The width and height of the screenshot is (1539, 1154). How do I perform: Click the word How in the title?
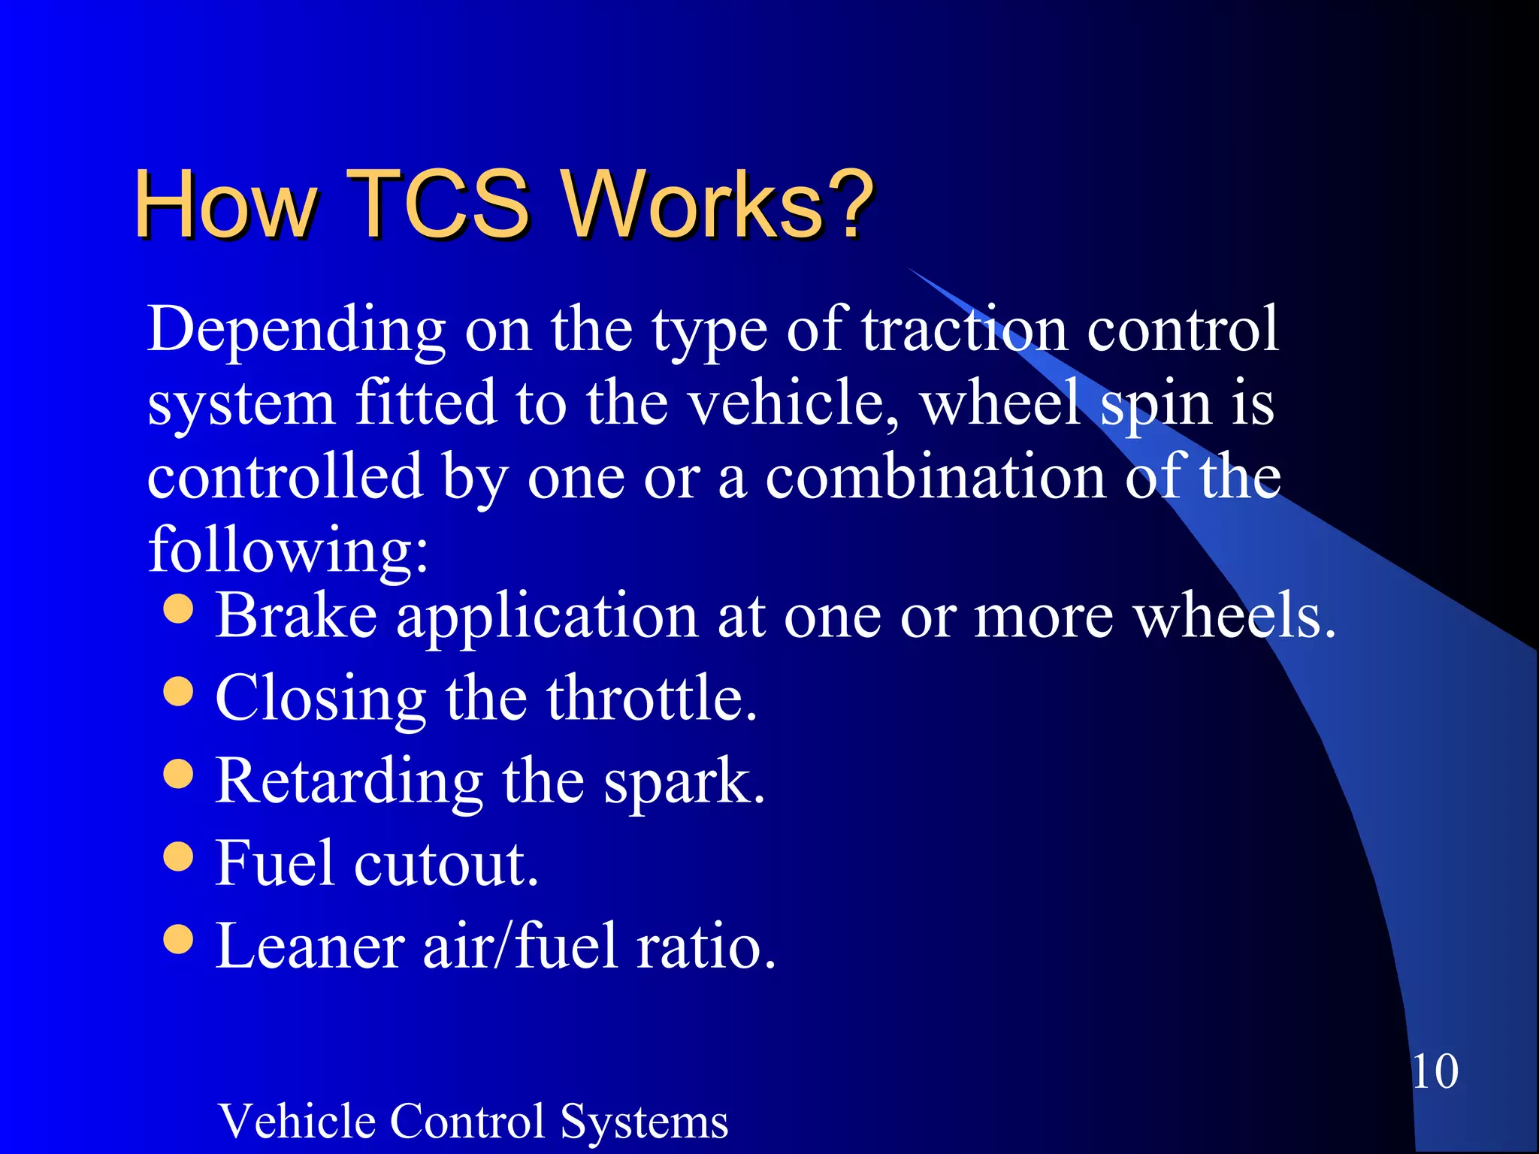pos(225,204)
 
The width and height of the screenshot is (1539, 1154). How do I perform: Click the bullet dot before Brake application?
pos(178,609)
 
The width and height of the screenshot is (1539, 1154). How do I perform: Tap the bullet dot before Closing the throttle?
pos(178,691)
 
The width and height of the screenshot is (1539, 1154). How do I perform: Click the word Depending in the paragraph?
pos(297,331)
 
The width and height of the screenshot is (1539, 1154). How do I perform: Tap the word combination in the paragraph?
pos(936,477)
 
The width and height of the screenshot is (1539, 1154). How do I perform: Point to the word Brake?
pos(296,616)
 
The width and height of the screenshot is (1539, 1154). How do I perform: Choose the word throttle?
pos(651,698)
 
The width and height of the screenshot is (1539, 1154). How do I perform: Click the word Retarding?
pos(349,781)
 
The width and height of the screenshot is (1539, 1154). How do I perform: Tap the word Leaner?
pos(310,945)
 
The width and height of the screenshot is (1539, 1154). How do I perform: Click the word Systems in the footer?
pos(644,1122)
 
